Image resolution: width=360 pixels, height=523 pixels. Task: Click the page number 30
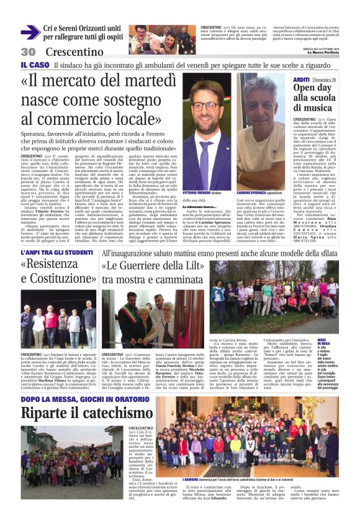point(28,52)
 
